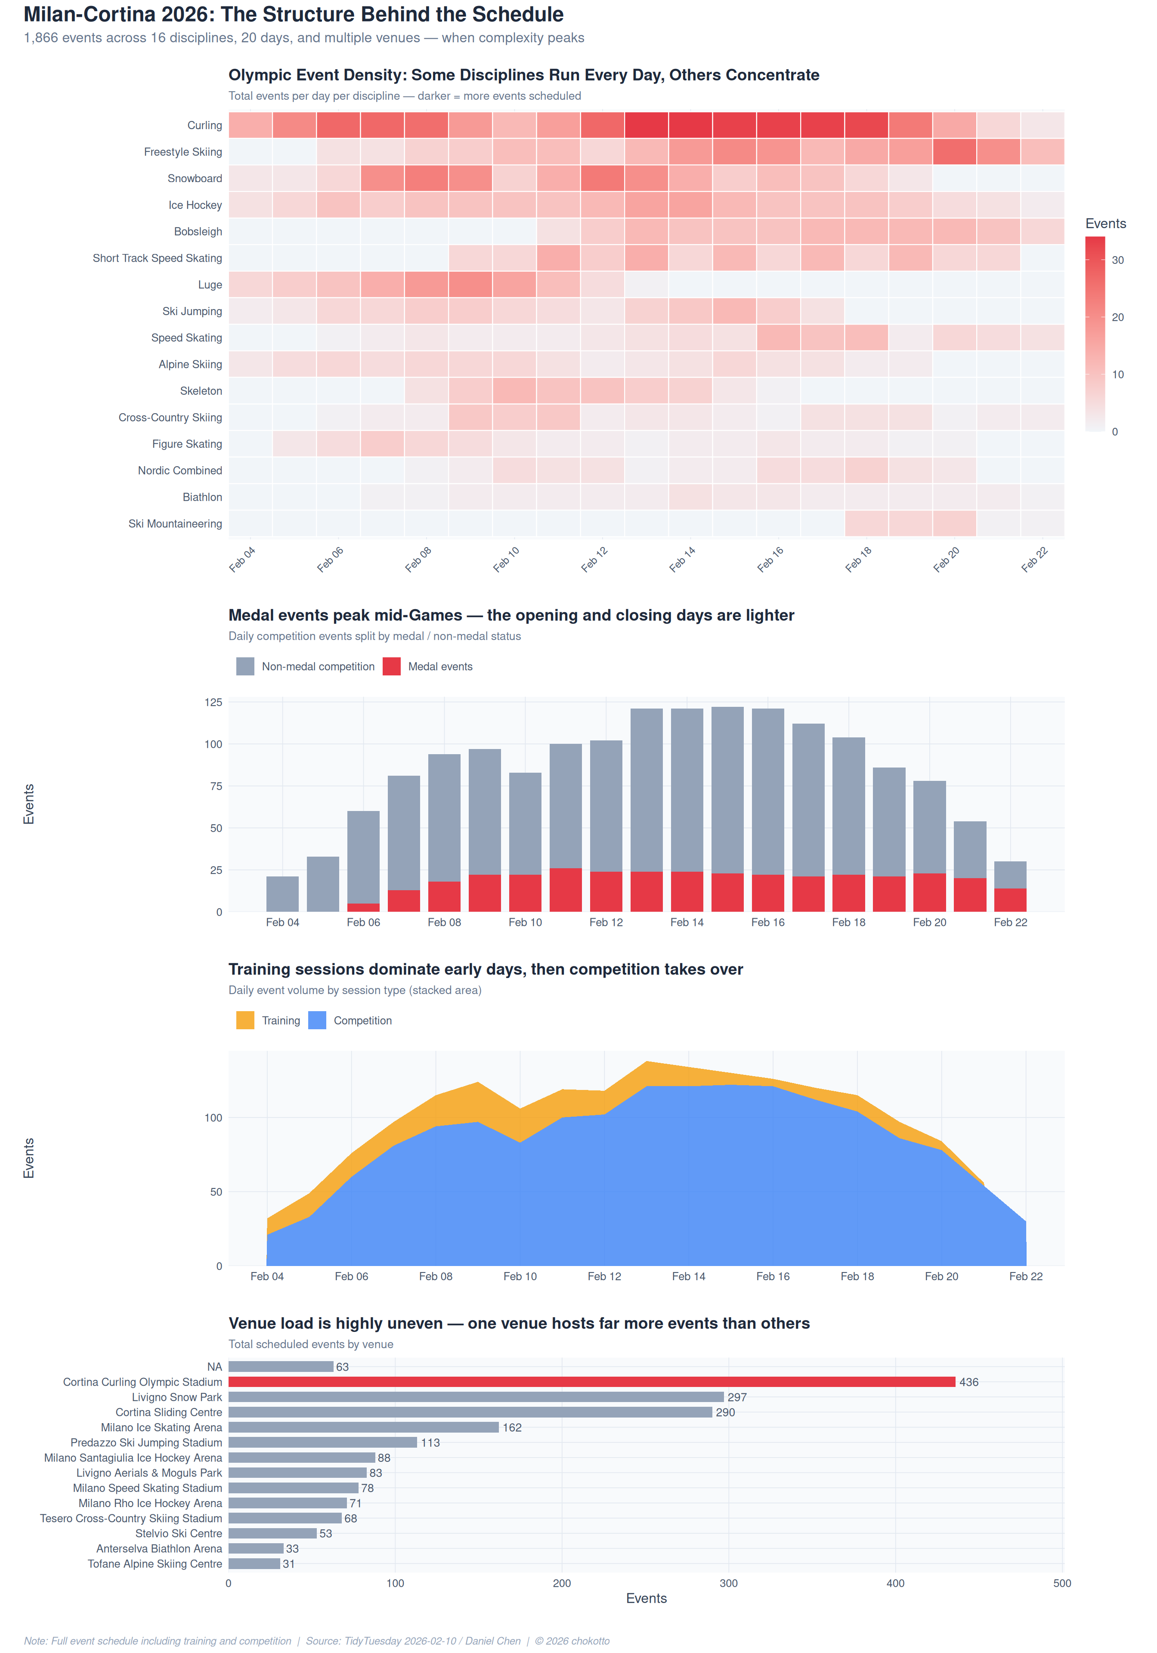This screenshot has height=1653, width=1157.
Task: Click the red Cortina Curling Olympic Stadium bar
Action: click(592, 1381)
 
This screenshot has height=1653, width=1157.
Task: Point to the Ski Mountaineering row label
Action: click(175, 523)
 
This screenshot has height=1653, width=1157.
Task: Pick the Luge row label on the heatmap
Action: click(210, 285)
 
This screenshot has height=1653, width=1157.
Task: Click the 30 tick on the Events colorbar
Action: click(1117, 260)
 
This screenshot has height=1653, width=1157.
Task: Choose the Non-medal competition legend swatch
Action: click(245, 666)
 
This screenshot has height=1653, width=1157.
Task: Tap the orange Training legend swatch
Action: click(245, 1020)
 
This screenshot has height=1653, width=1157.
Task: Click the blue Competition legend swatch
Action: click(317, 1020)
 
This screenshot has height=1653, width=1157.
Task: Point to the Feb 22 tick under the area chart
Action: click(1025, 1276)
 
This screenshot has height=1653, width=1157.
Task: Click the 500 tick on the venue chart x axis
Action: click(1061, 1582)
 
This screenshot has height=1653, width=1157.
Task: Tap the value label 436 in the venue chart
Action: click(968, 1381)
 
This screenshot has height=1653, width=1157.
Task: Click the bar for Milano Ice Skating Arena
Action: click(364, 1427)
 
